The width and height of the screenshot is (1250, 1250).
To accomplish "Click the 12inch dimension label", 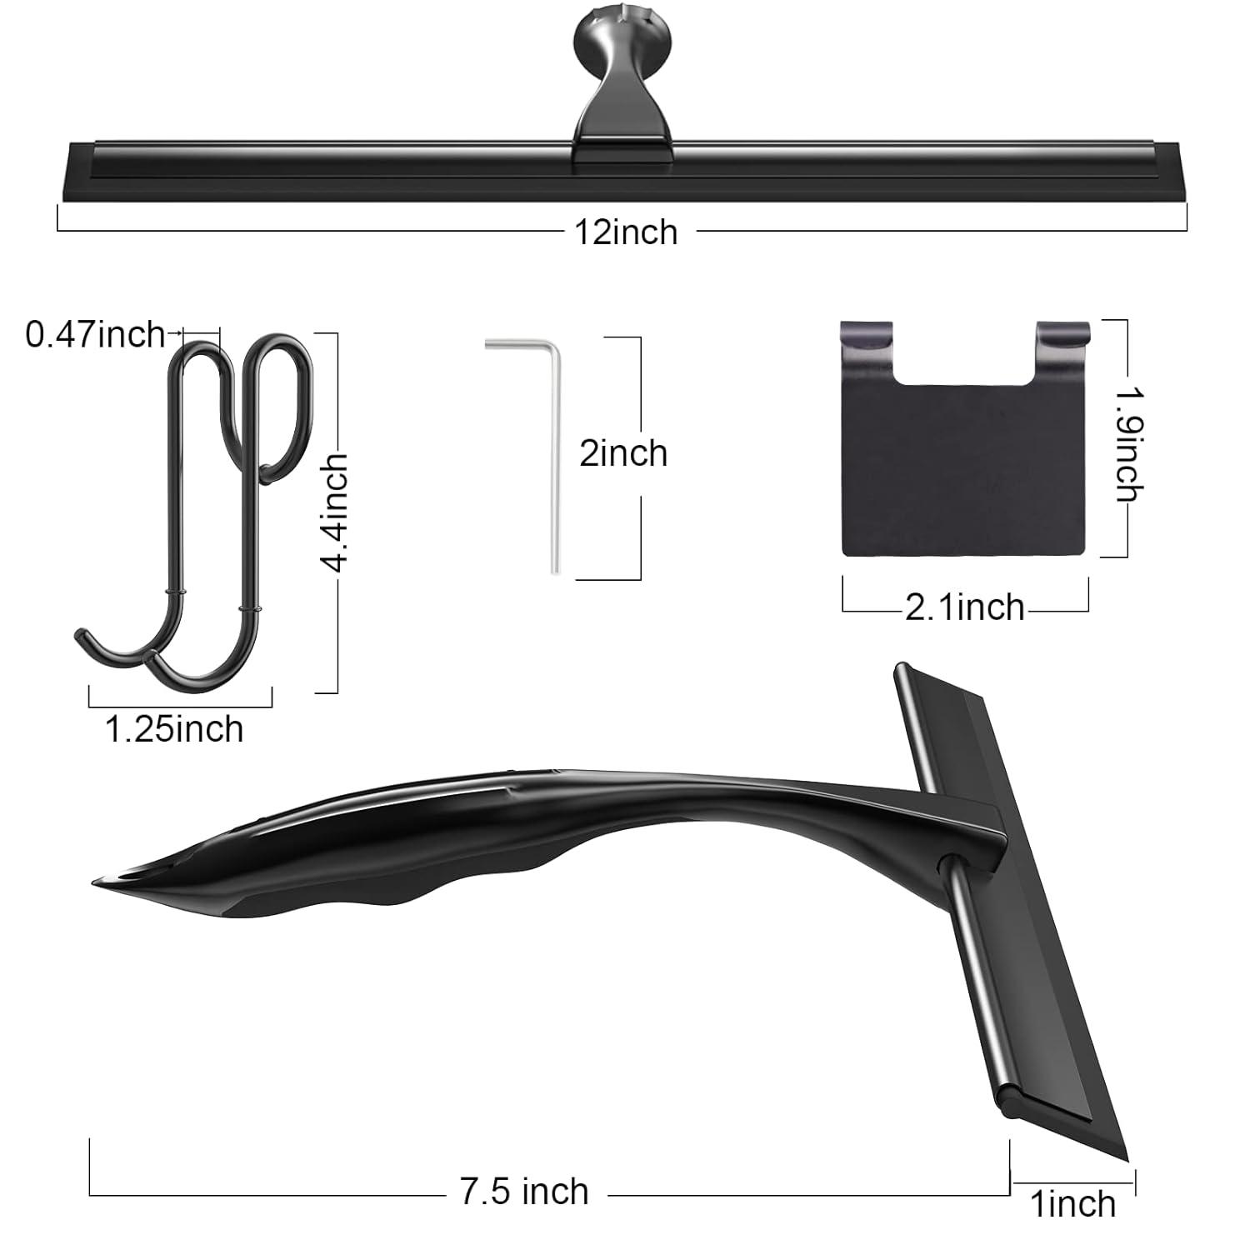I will point(626,232).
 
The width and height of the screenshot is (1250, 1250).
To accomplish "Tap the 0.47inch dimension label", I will point(96,335).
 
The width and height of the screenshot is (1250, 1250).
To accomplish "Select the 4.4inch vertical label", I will point(336,512).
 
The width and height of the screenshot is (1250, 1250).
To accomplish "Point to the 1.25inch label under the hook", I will point(174,729).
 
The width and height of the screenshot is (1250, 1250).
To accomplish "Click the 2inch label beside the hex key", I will point(623,454).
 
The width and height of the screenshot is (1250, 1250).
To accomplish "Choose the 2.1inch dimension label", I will point(965,607).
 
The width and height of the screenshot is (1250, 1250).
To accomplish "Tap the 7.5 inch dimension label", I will point(524,1192).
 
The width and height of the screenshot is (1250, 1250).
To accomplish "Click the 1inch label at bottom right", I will point(1072,1204).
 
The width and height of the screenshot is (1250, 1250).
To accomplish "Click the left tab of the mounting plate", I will point(867,342).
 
